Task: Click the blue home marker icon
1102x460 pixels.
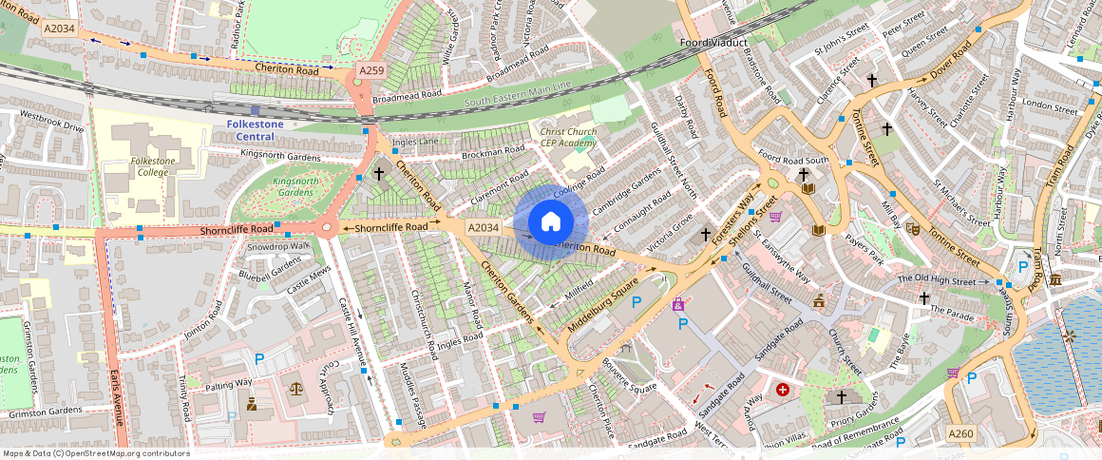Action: pyautogui.click(x=550, y=222)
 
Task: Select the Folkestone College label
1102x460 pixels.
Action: pyautogui.click(x=153, y=167)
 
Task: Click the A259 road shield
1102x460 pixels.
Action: pyautogui.click(x=370, y=71)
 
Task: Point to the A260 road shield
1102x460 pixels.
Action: pyautogui.click(x=961, y=434)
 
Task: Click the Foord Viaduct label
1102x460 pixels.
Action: pyautogui.click(x=714, y=43)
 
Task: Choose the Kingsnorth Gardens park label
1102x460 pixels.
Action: pyautogui.click(x=293, y=186)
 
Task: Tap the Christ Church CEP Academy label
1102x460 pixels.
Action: pyautogui.click(x=568, y=138)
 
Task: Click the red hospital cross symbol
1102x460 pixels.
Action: pyautogui.click(x=783, y=390)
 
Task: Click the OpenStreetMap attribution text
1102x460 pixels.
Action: pyautogui.click(x=95, y=453)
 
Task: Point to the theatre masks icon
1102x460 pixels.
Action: pyautogui.click(x=912, y=228)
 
